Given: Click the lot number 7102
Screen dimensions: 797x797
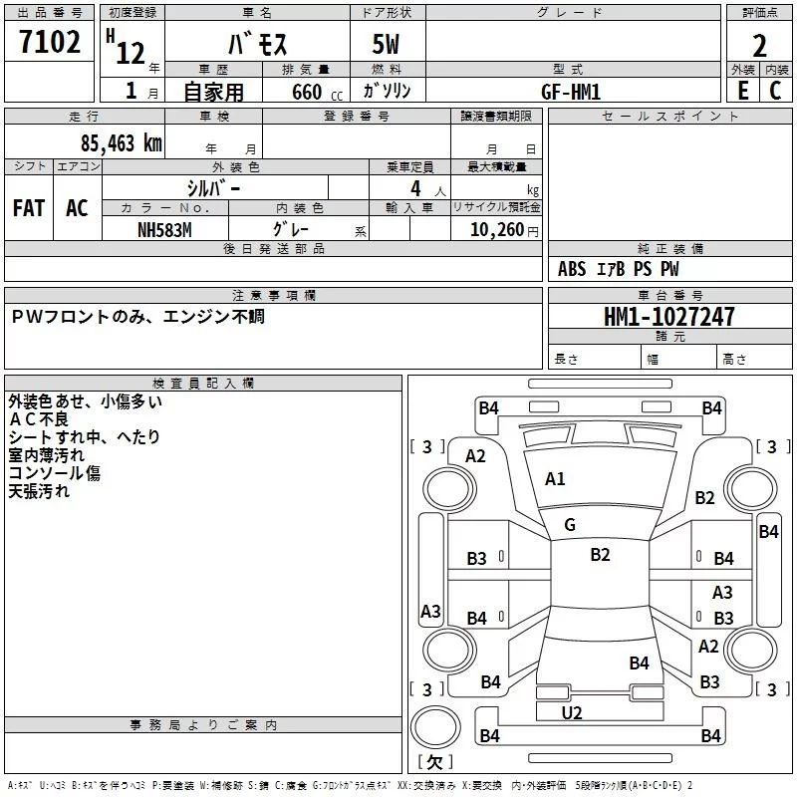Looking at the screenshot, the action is pyautogui.click(x=50, y=42).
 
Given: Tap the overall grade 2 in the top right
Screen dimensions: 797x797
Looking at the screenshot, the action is pyautogui.click(x=759, y=46).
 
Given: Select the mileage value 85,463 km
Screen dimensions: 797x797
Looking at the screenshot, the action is pyautogui.click(x=121, y=143).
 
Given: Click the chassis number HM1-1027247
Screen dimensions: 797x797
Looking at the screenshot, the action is pyautogui.click(x=668, y=317).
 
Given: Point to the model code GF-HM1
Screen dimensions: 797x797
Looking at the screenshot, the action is pyautogui.click(x=571, y=92).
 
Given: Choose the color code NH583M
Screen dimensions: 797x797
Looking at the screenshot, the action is pyautogui.click(x=164, y=230).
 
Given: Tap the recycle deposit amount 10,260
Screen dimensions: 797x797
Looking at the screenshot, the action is pyautogui.click(x=496, y=230).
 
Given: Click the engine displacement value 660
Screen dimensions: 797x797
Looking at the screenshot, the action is pyautogui.click(x=307, y=92).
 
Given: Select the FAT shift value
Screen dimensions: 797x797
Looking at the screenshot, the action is pyautogui.click(x=29, y=208).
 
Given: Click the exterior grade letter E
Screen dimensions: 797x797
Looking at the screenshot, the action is pyautogui.click(x=743, y=91).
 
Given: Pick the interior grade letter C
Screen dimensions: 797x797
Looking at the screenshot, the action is pyautogui.click(x=775, y=91).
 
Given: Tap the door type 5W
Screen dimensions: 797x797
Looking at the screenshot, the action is pyautogui.click(x=386, y=44).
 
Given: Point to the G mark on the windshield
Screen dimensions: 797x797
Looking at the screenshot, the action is pyautogui.click(x=570, y=525).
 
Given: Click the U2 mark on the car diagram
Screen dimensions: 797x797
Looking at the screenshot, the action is pyautogui.click(x=572, y=713).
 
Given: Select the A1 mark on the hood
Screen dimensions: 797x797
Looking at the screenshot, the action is pyautogui.click(x=555, y=479).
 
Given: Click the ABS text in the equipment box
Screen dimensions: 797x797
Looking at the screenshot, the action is pyautogui.click(x=572, y=269).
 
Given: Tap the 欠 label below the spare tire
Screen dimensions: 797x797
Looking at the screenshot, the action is pyautogui.click(x=434, y=762).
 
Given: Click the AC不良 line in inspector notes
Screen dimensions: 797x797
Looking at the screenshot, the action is pyautogui.click(x=38, y=419).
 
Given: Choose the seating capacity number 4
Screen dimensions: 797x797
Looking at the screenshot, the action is pyautogui.click(x=415, y=189).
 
